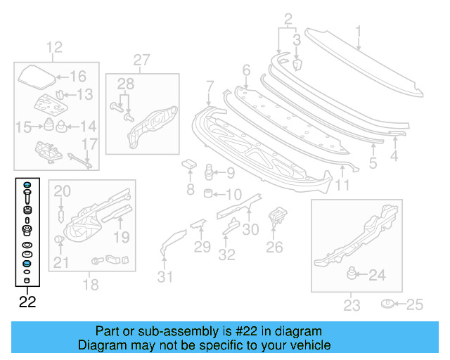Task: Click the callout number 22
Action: click(x=27, y=303)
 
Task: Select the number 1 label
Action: click(x=358, y=31)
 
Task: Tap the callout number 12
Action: click(x=54, y=48)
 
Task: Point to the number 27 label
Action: click(x=142, y=60)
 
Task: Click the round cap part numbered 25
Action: click(x=387, y=304)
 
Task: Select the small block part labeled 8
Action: click(x=188, y=165)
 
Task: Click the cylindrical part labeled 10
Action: click(x=208, y=193)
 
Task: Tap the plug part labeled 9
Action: click(x=207, y=172)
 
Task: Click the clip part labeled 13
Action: click(x=60, y=94)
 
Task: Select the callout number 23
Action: click(x=351, y=305)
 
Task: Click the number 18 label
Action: click(x=90, y=285)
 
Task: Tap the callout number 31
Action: click(x=165, y=277)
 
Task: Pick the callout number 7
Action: click(x=210, y=87)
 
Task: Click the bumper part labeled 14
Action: click(x=62, y=127)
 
